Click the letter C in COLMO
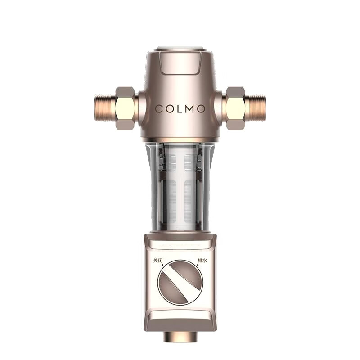click(x=159, y=109)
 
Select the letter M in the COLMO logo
click(x=189, y=109)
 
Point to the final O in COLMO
click(x=201, y=109)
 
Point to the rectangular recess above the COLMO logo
click(x=180, y=66)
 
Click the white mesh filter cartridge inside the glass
click(x=180, y=189)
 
